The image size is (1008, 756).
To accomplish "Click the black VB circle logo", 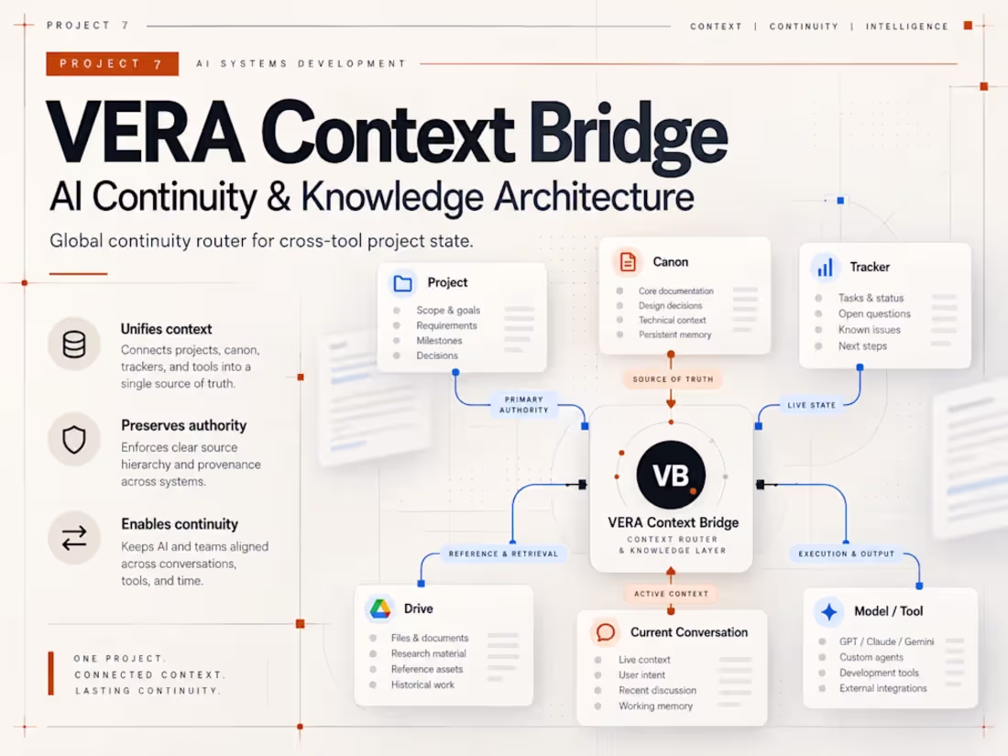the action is click(671, 475).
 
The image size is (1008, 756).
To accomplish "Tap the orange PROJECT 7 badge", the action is click(113, 63).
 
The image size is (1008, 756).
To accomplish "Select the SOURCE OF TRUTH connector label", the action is click(674, 379).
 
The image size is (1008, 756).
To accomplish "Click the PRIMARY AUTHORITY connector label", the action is click(524, 404).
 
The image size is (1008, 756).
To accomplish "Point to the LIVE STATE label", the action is click(811, 405).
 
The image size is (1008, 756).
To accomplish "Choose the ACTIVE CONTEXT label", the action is click(671, 594).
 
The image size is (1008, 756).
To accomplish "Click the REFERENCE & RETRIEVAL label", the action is click(503, 553).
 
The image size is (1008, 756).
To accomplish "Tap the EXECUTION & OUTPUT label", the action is click(846, 553).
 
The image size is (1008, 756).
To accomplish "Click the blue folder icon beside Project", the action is click(403, 283).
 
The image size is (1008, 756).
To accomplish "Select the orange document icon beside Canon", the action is click(628, 262).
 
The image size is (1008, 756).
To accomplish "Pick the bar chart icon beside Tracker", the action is click(826, 267).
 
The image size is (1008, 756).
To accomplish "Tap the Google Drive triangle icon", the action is click(380, 608).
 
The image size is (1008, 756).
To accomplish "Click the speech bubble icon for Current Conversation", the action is click(605, 632).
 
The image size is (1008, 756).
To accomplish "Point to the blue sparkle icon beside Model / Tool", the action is click(829, 611).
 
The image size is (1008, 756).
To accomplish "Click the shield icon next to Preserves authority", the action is click(74, 440).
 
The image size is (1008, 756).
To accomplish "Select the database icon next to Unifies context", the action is click(74, 344).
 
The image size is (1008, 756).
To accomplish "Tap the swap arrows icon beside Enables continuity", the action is click(74, 537).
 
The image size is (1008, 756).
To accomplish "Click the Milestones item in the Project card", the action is click(439, 341).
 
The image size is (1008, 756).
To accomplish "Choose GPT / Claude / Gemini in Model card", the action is click(886, 641).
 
